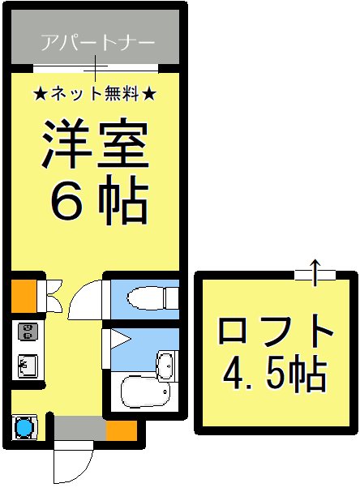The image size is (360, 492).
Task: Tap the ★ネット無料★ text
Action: click(96, 93)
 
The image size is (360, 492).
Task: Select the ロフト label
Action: click(275, 333)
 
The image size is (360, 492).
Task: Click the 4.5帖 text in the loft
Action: click(275, 375)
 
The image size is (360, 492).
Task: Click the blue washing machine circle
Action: click(24, 426)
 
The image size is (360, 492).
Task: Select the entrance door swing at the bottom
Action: click(68, 463)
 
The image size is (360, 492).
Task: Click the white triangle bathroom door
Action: click(117, 339)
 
